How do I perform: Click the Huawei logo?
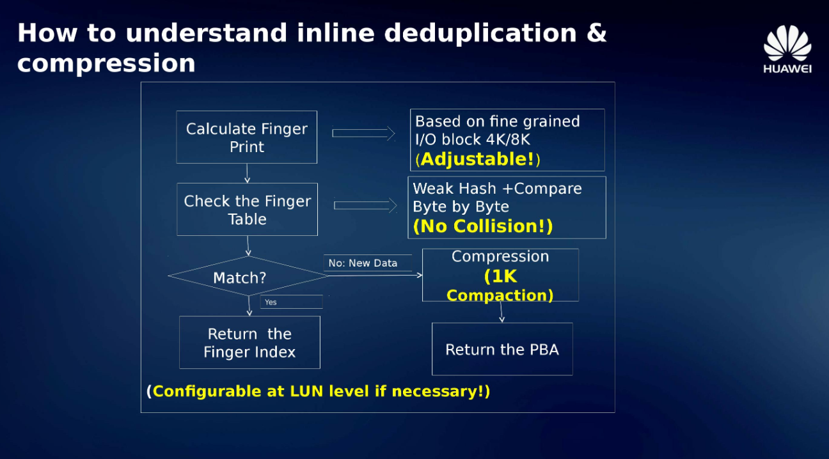coord(787,49)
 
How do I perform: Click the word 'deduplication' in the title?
coord(480,34)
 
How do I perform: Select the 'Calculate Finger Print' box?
coord(246,137)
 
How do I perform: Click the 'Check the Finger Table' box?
coord(247,209)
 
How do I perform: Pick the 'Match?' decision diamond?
coord(248,276)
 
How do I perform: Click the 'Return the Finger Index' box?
coord(250,342)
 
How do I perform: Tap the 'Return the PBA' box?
coord(502,349)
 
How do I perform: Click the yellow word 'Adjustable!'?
coord(477,159)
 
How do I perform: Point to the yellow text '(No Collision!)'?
coord(483,226)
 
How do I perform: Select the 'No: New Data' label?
coord(363,263)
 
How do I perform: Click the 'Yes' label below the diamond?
coord(271,302)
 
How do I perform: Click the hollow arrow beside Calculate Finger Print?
coord(364,134)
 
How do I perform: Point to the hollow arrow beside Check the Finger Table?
coord(365,206)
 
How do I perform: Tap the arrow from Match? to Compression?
coord(375,275)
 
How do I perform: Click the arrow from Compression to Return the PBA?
coord(501,312)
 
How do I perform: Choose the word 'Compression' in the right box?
coord(500,256)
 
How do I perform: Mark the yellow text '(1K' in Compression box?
coord(500,276)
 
